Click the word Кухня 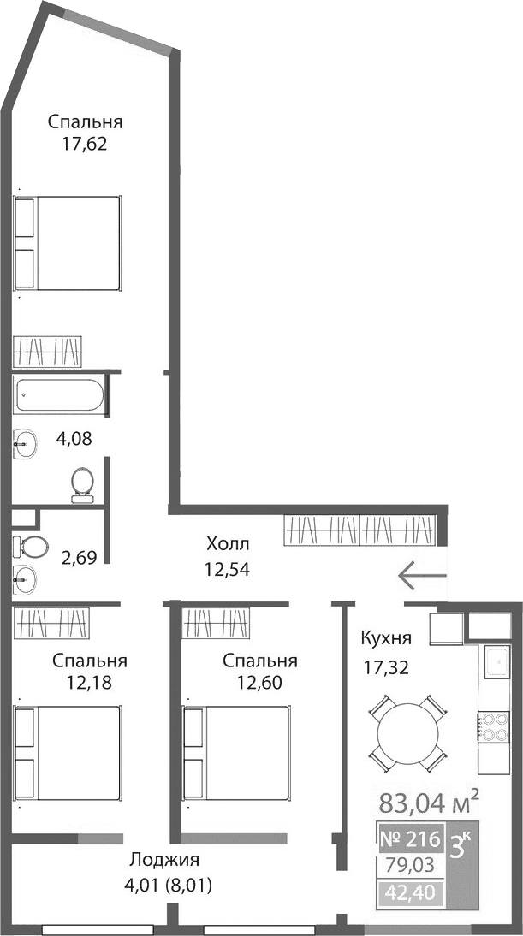(386, 638)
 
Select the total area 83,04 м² (427, 803)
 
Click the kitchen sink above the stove (496, 661)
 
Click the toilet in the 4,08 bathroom (83, 482)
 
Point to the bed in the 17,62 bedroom (67, 244)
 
